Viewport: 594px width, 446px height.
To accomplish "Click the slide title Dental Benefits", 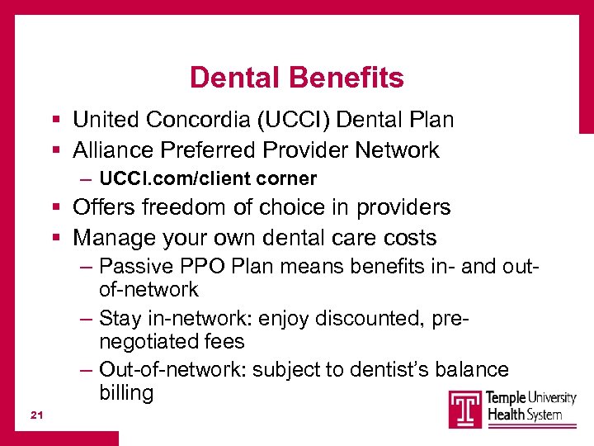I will [296, 78].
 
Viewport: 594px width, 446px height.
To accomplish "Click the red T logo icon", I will [465, 409].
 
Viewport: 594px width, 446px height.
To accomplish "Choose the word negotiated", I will [149, 341].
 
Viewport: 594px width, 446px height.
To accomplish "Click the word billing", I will [126, 392].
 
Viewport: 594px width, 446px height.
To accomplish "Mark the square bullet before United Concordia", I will [53, 121].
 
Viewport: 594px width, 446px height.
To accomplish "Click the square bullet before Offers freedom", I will [53, 208].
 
